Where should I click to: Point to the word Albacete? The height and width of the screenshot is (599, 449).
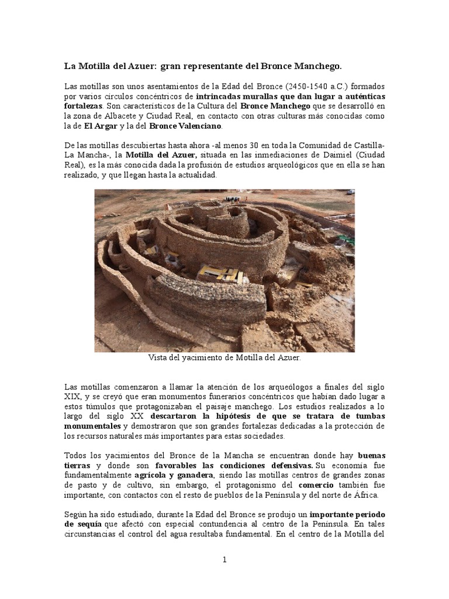pyautogui.click(x=122, y=116)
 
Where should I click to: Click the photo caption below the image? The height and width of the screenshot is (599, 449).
pyautogui.click(x=224, y=357)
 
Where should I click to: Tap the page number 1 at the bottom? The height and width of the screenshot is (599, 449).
pyautogui.click(x=224, y=560)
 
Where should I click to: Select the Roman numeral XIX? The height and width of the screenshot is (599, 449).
pyautogui.click(x=72, y=396)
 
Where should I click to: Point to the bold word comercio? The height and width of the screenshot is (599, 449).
pyautogui.click(x=316, y=484)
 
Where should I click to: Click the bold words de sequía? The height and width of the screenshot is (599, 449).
pyautogui.click(x=83, y=524)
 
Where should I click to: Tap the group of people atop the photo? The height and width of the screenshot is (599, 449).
pyautogui.click(x=233, y=199)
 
